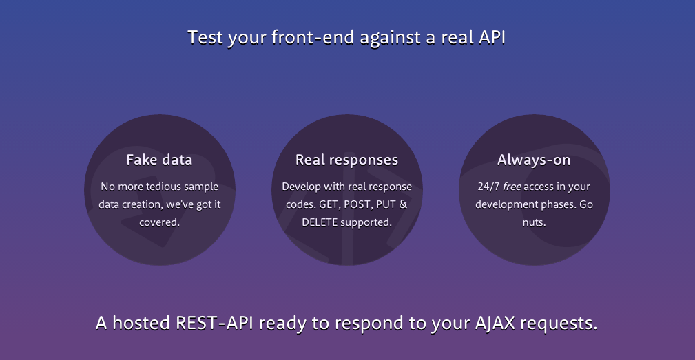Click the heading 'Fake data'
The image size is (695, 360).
[x=159, y=160]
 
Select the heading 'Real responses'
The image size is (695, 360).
[x=346, y=160]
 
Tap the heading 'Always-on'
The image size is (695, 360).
[x=534, y=160]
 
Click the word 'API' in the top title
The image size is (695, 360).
[x=492, y=37]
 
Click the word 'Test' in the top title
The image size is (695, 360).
[x=205, y=37]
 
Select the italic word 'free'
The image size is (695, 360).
[x=512, y=187]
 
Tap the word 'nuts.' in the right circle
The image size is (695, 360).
[x=534, y=222]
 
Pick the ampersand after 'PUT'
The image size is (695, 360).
[x=403, y=204]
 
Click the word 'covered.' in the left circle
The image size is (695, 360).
[x=160, y=222]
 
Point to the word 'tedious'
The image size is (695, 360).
[x=163, y=187]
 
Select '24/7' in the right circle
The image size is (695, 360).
[x=488, y=187]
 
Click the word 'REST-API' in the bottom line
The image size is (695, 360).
[x=214, y=323]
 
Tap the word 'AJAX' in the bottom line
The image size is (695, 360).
[x=495, y=323]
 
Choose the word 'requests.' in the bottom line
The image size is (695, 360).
[x=559, y=324]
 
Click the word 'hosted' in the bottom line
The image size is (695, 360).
[x=141, y=323]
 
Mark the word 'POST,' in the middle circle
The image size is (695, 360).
[x=358, y=204]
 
